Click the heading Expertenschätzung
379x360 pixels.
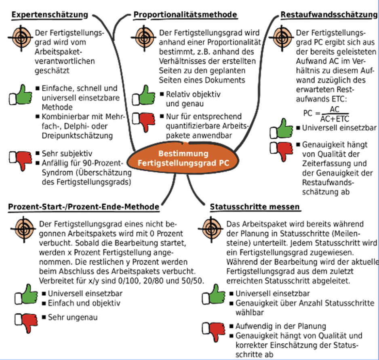50,15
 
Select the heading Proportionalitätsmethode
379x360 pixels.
185,15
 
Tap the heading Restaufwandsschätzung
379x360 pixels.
329,15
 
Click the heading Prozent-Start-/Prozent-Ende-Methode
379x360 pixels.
83,207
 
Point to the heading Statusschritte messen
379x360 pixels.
255,207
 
